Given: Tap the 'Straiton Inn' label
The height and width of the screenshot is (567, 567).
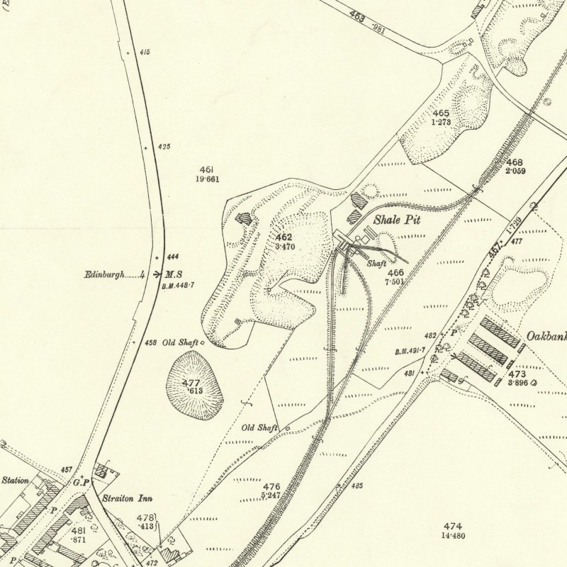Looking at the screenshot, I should point(128,498).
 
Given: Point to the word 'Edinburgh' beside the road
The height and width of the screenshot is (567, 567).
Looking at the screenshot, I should point(104,274).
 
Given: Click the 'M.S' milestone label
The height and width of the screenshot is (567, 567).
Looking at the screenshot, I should point(174,274).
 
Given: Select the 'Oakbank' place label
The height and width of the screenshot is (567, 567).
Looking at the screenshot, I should point(546,337).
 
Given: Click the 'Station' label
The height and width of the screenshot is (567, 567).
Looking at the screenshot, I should point(15,481).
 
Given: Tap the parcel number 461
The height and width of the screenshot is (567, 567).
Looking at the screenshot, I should point(207,170).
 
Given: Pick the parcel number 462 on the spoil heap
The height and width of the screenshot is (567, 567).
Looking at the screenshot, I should point(284,237).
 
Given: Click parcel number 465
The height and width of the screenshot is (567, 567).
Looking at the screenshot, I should point(441,113).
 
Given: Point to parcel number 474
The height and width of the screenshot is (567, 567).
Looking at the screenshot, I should point(453,526).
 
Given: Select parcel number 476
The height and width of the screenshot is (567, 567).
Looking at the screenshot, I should point(271,487).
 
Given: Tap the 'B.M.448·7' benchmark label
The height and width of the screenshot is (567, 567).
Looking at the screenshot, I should point(178,285).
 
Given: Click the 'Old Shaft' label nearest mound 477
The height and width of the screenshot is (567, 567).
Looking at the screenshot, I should point(180,343).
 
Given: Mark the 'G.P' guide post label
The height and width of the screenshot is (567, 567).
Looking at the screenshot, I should point(81,483).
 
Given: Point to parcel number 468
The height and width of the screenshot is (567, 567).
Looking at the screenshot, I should point(515,162).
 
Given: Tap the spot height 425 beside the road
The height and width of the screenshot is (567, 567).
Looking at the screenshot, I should point(164,147).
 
